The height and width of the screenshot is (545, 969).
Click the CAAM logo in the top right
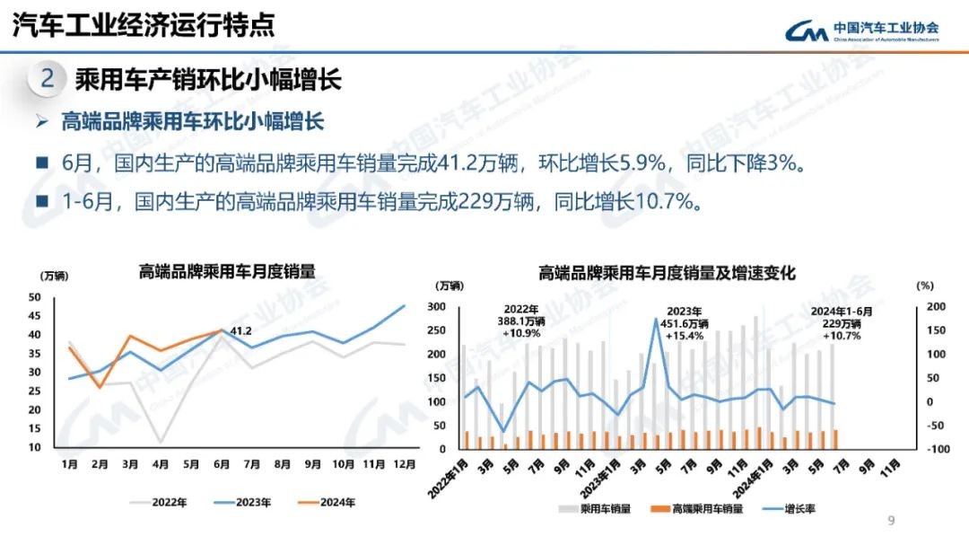pos(862,31)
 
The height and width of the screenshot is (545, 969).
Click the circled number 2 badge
pos(48,79)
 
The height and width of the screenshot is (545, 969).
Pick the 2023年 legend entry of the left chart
pos(247,502)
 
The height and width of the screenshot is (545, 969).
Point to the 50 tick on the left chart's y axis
pos(35,297)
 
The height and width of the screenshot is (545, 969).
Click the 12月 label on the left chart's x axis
pos(405,464)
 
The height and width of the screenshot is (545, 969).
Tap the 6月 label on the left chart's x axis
pos(221,464)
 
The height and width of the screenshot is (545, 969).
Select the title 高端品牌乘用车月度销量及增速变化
pos(667,272)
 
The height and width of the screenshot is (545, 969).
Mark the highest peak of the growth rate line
pos(657,320)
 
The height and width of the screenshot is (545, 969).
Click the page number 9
pos(891,521)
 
